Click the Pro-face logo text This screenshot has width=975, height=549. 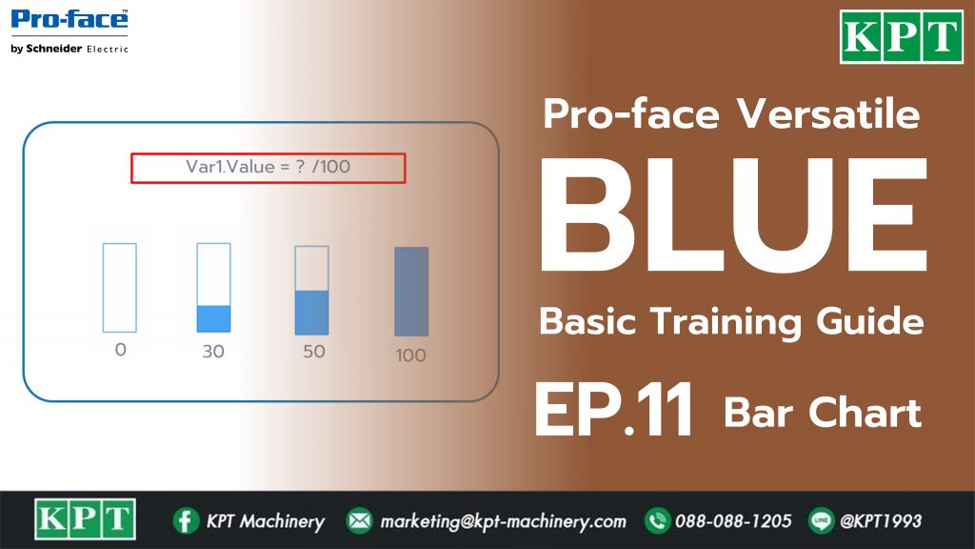(x=70, y=19)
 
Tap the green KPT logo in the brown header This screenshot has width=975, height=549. (x=901, y=37)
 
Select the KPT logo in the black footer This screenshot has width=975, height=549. (x=85, y=519)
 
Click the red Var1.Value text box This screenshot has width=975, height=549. (x=268, y=168)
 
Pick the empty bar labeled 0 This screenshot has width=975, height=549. (x=119, y=288)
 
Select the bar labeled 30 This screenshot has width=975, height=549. (x=213, y=288)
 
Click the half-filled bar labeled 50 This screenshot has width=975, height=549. (x=311, y=290)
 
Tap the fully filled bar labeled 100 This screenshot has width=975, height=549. (x=411, y=292)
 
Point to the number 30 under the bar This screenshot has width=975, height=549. (x=213, y=352)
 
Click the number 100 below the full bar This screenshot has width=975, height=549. (x=411, y=356)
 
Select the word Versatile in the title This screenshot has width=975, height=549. (x=828, y=114)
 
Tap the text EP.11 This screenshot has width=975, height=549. (x=613, y=410)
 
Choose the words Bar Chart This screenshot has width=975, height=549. (x=823, y=413)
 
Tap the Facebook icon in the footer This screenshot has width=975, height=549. (x=186, y=520)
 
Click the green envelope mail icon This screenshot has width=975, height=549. (x=359, y=520)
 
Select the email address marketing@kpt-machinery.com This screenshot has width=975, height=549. (x=503, y=521)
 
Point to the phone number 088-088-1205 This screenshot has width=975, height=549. (x=733, y=520)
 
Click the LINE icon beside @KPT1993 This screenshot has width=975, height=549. (x=821, y=520)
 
